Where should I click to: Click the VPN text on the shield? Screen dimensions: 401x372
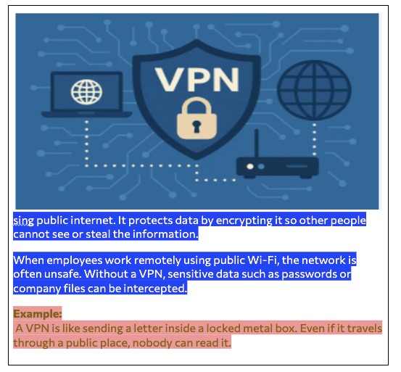point(197,79)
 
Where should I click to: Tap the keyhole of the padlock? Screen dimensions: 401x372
point(197,126)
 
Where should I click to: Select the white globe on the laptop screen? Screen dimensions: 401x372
point(86,92)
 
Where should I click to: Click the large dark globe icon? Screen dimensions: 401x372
point(314,90)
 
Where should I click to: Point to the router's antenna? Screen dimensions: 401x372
point(257,144)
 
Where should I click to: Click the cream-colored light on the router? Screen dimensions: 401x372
point(250,167)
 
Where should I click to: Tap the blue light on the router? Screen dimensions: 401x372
point(261,167)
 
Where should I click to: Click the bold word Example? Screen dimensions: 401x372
point(38,314)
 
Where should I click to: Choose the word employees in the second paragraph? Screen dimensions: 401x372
point(75,260)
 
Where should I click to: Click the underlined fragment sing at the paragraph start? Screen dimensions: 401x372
point(23,221)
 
